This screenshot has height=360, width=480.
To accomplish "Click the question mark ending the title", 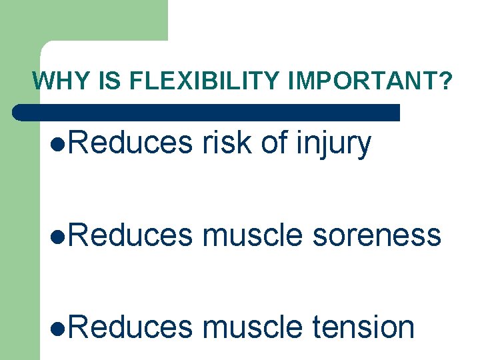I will (x=445, y=81).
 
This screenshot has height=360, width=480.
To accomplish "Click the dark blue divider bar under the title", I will (x=207, y=112).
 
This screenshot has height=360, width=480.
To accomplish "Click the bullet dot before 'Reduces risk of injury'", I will (x=55, y=145).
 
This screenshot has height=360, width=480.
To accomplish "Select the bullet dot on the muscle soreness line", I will (x=55, y=236).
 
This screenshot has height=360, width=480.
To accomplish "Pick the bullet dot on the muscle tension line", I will (x=55, y=328).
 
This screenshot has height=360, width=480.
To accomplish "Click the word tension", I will (x=363, y=327).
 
